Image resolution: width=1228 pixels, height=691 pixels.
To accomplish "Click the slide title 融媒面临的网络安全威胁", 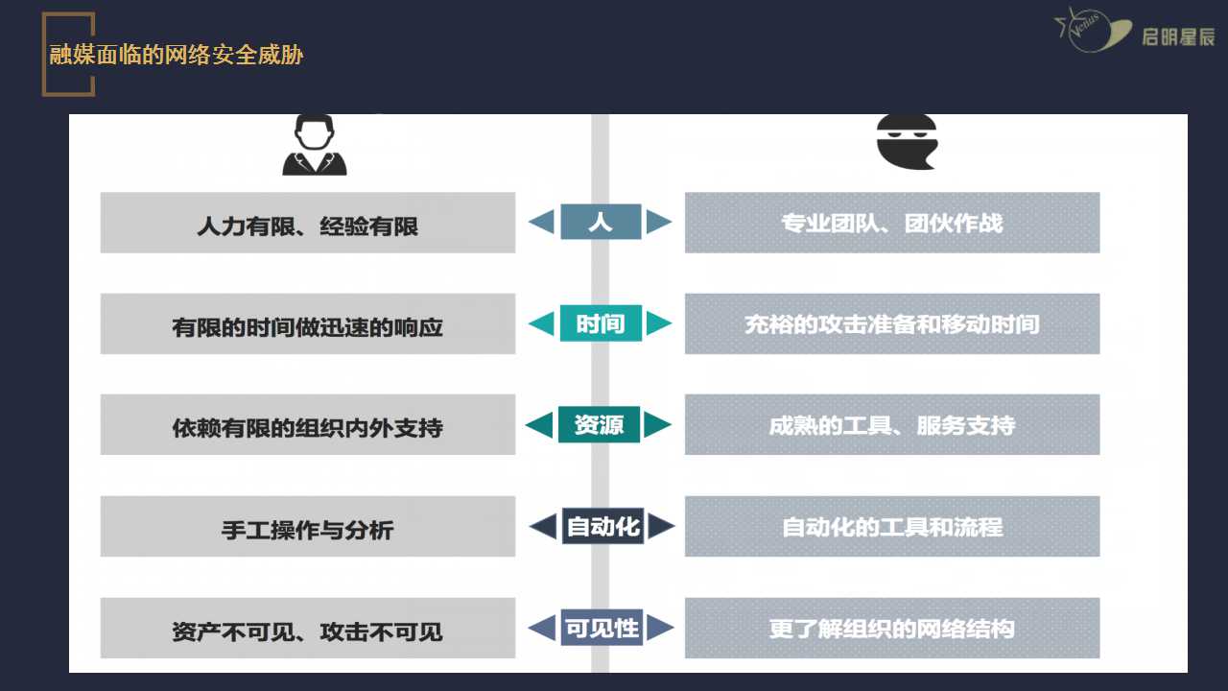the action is (x=176, y=55).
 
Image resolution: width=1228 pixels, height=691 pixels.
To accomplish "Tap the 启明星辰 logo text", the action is (x=1178, y=37).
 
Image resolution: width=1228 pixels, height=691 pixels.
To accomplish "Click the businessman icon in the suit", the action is (x=314, y=145).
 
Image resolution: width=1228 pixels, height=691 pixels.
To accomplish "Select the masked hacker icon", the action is (x=907, y=142).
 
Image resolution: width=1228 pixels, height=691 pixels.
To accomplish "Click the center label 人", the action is (x=601, y=222).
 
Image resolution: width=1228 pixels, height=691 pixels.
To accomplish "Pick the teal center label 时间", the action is (x=601, y=323).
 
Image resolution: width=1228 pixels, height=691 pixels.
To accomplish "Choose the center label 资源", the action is (x=600, y=424).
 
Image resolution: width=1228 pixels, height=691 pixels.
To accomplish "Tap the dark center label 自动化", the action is (x=602, y=526).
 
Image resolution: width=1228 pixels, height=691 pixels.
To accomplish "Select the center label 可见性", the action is (x=602, y=628).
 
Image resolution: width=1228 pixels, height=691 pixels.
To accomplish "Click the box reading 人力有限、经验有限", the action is (x=308, y=223).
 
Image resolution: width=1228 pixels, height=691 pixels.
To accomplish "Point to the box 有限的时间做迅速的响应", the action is (x=308, y=323).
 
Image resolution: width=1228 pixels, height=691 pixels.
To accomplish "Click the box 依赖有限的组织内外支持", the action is (x=308, y=424).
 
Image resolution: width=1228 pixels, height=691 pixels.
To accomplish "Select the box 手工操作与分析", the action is (x=308, y=527).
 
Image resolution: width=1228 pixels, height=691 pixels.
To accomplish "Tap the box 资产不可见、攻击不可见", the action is (x=308, y=628).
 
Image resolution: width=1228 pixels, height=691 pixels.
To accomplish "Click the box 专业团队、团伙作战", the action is (x=892, y=223).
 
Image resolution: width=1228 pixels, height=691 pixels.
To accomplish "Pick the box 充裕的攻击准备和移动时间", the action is (x=892, y=323).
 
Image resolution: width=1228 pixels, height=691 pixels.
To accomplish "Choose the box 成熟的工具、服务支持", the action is (x=892, y=424).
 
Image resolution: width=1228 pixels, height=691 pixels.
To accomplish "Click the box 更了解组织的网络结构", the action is (x=892, y=628).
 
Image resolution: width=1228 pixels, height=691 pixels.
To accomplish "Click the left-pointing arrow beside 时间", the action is (x=542, y=323).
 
